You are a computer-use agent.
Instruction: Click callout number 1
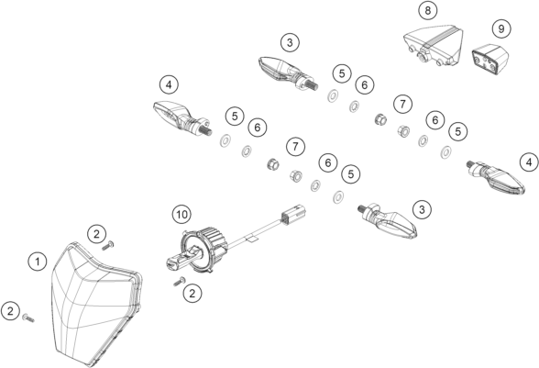tap(37, 262)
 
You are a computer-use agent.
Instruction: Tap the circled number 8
tap(427, 10)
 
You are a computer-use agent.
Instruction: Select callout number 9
tap(501, 29)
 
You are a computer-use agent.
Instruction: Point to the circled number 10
tap(181, 215)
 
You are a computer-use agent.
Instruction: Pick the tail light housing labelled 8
tap(433, 45)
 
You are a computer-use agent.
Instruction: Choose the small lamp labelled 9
tap(490, 58)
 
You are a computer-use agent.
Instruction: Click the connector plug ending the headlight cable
tap(294, 214)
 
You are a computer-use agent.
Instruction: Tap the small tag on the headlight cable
tap(252, 239)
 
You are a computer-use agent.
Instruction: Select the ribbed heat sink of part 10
tap(213, 242)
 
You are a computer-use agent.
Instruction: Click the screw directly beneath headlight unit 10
tap(180, 282)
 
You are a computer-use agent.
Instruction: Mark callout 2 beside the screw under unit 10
tap(192, 294)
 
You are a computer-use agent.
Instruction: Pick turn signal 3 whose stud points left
tap(388, 220)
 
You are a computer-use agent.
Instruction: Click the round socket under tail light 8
tap(423, 57)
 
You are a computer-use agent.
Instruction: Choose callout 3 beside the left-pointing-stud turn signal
tap(422, 209)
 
